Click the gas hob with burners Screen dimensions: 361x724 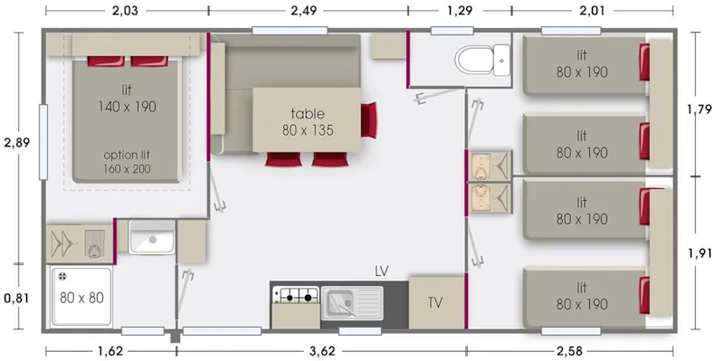296,295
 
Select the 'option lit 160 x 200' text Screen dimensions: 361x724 128,161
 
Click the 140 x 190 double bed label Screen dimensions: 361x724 127,98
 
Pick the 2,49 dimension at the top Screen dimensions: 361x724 308,11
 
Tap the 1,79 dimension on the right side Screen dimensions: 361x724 702,110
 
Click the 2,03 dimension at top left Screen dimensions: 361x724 126,11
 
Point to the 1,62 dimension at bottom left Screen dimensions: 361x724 110,349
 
